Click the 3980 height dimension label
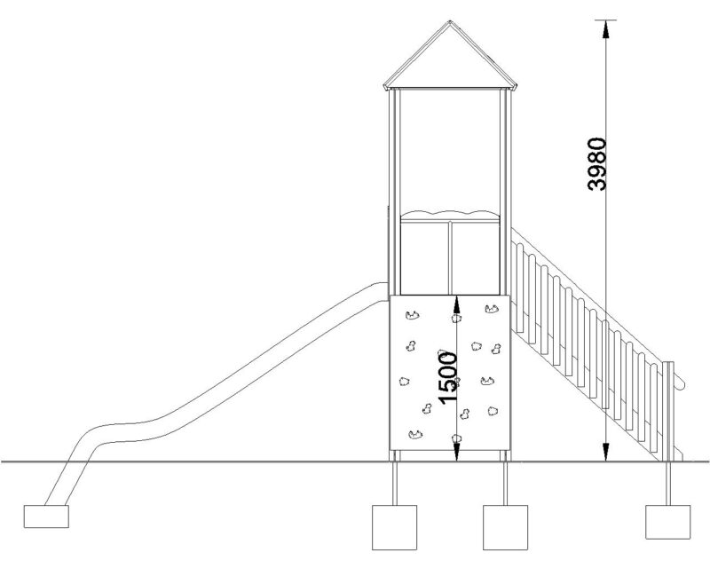click(x=596, y=164)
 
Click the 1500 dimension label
click(x=448, y=378)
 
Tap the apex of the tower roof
click(x=450, y=20)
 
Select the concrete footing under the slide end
click(x=46, y=517)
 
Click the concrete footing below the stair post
click(x=668, y=522)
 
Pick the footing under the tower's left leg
click(x=394, y=527)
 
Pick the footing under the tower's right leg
click(x=505, y=527)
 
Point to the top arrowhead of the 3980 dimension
click(x=605, y=29)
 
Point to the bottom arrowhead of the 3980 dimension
click(x=605, y=453)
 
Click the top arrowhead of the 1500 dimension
click(x=456, y=304)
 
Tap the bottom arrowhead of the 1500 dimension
click(x=456, y=453)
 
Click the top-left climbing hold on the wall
click(x=413, y=315)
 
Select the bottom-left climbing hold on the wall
click(x=415, y=435)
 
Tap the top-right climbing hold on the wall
click(x=492, y=310)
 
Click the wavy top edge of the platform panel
click(x=450, y=214)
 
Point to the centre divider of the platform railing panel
click(x=450, y=257)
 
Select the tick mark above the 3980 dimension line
click(x=605, y=20)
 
